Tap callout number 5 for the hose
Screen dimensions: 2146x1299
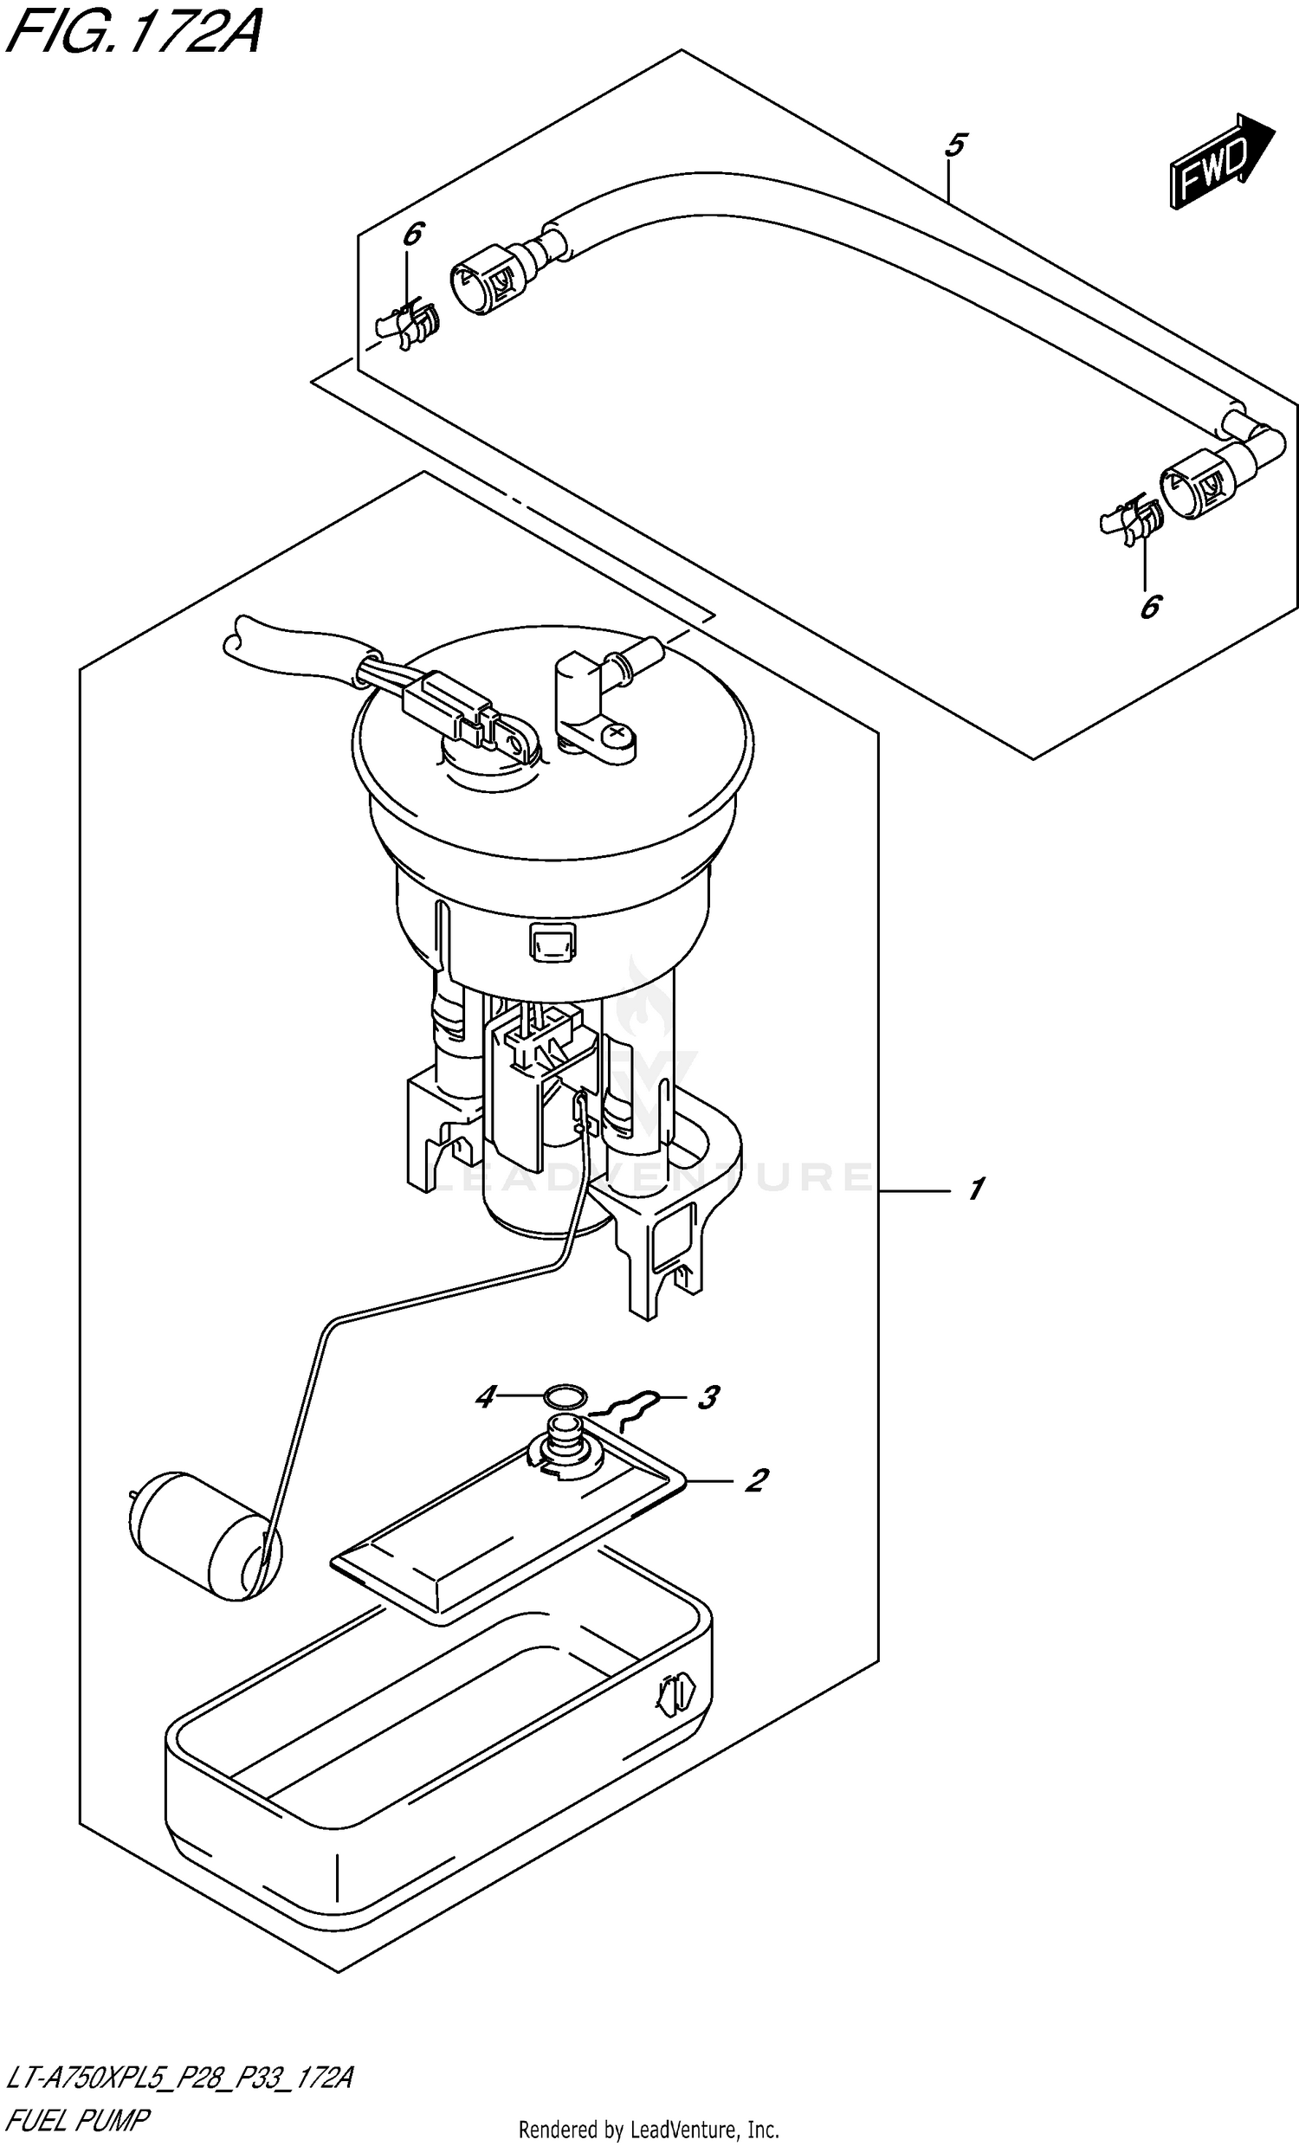(955, 145)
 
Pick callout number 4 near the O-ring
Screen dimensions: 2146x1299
(485, 1398)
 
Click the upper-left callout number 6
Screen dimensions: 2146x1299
(412, 235)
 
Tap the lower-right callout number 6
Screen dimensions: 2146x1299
(1150, 606)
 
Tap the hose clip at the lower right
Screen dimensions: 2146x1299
(1131, 522)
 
